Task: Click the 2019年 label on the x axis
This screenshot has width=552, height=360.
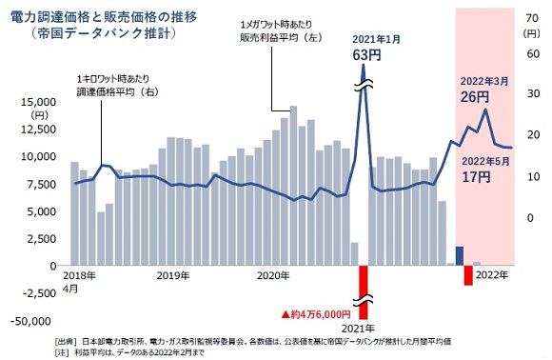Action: coord(173,275)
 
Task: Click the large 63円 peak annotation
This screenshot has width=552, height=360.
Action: coord(366,55)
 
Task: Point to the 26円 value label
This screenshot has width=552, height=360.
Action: coord(475,96)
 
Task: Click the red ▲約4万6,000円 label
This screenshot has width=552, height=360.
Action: coord(315,313)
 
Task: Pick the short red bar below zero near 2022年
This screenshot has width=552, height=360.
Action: coord(468,274)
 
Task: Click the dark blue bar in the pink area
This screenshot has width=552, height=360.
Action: coord(460,255)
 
